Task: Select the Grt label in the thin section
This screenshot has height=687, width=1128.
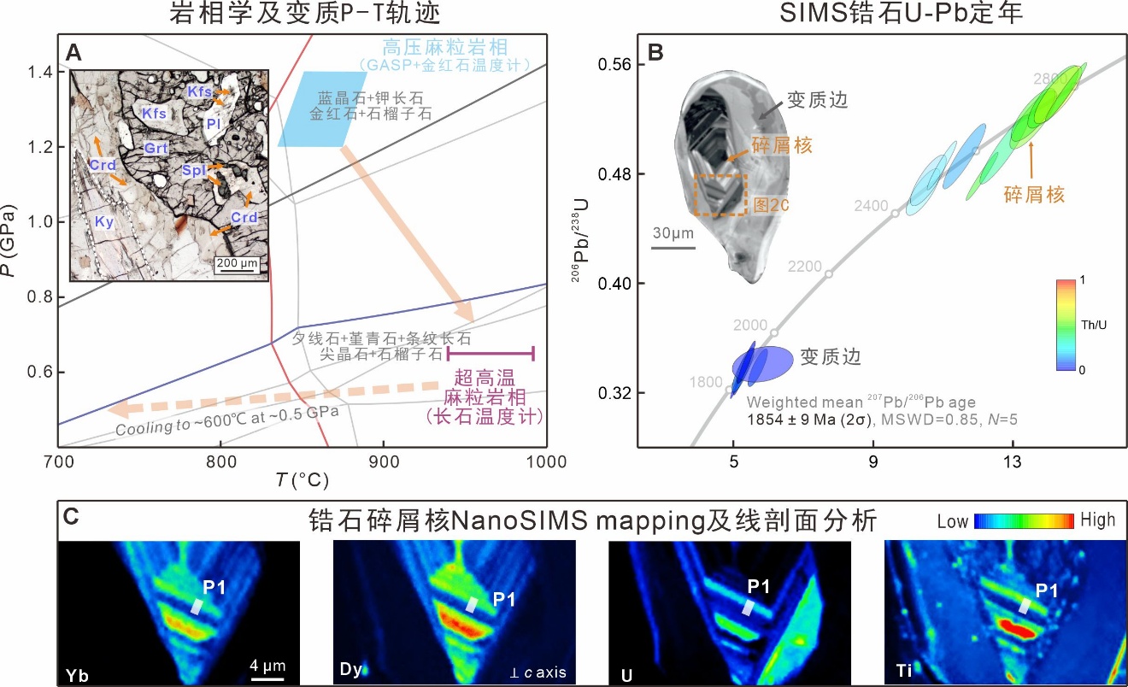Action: (x=155, y=148)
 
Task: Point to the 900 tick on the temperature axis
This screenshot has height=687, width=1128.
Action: (x=383, y=461)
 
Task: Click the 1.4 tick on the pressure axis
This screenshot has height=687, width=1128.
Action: (x=43, y=72)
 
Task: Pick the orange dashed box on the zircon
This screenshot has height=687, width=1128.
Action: (x=720, y=195)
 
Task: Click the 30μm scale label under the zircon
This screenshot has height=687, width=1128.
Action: (x=673, y=233)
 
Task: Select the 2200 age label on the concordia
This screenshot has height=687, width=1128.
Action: (x=804, y=266)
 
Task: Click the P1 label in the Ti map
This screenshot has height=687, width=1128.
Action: (x=1049, y=590)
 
